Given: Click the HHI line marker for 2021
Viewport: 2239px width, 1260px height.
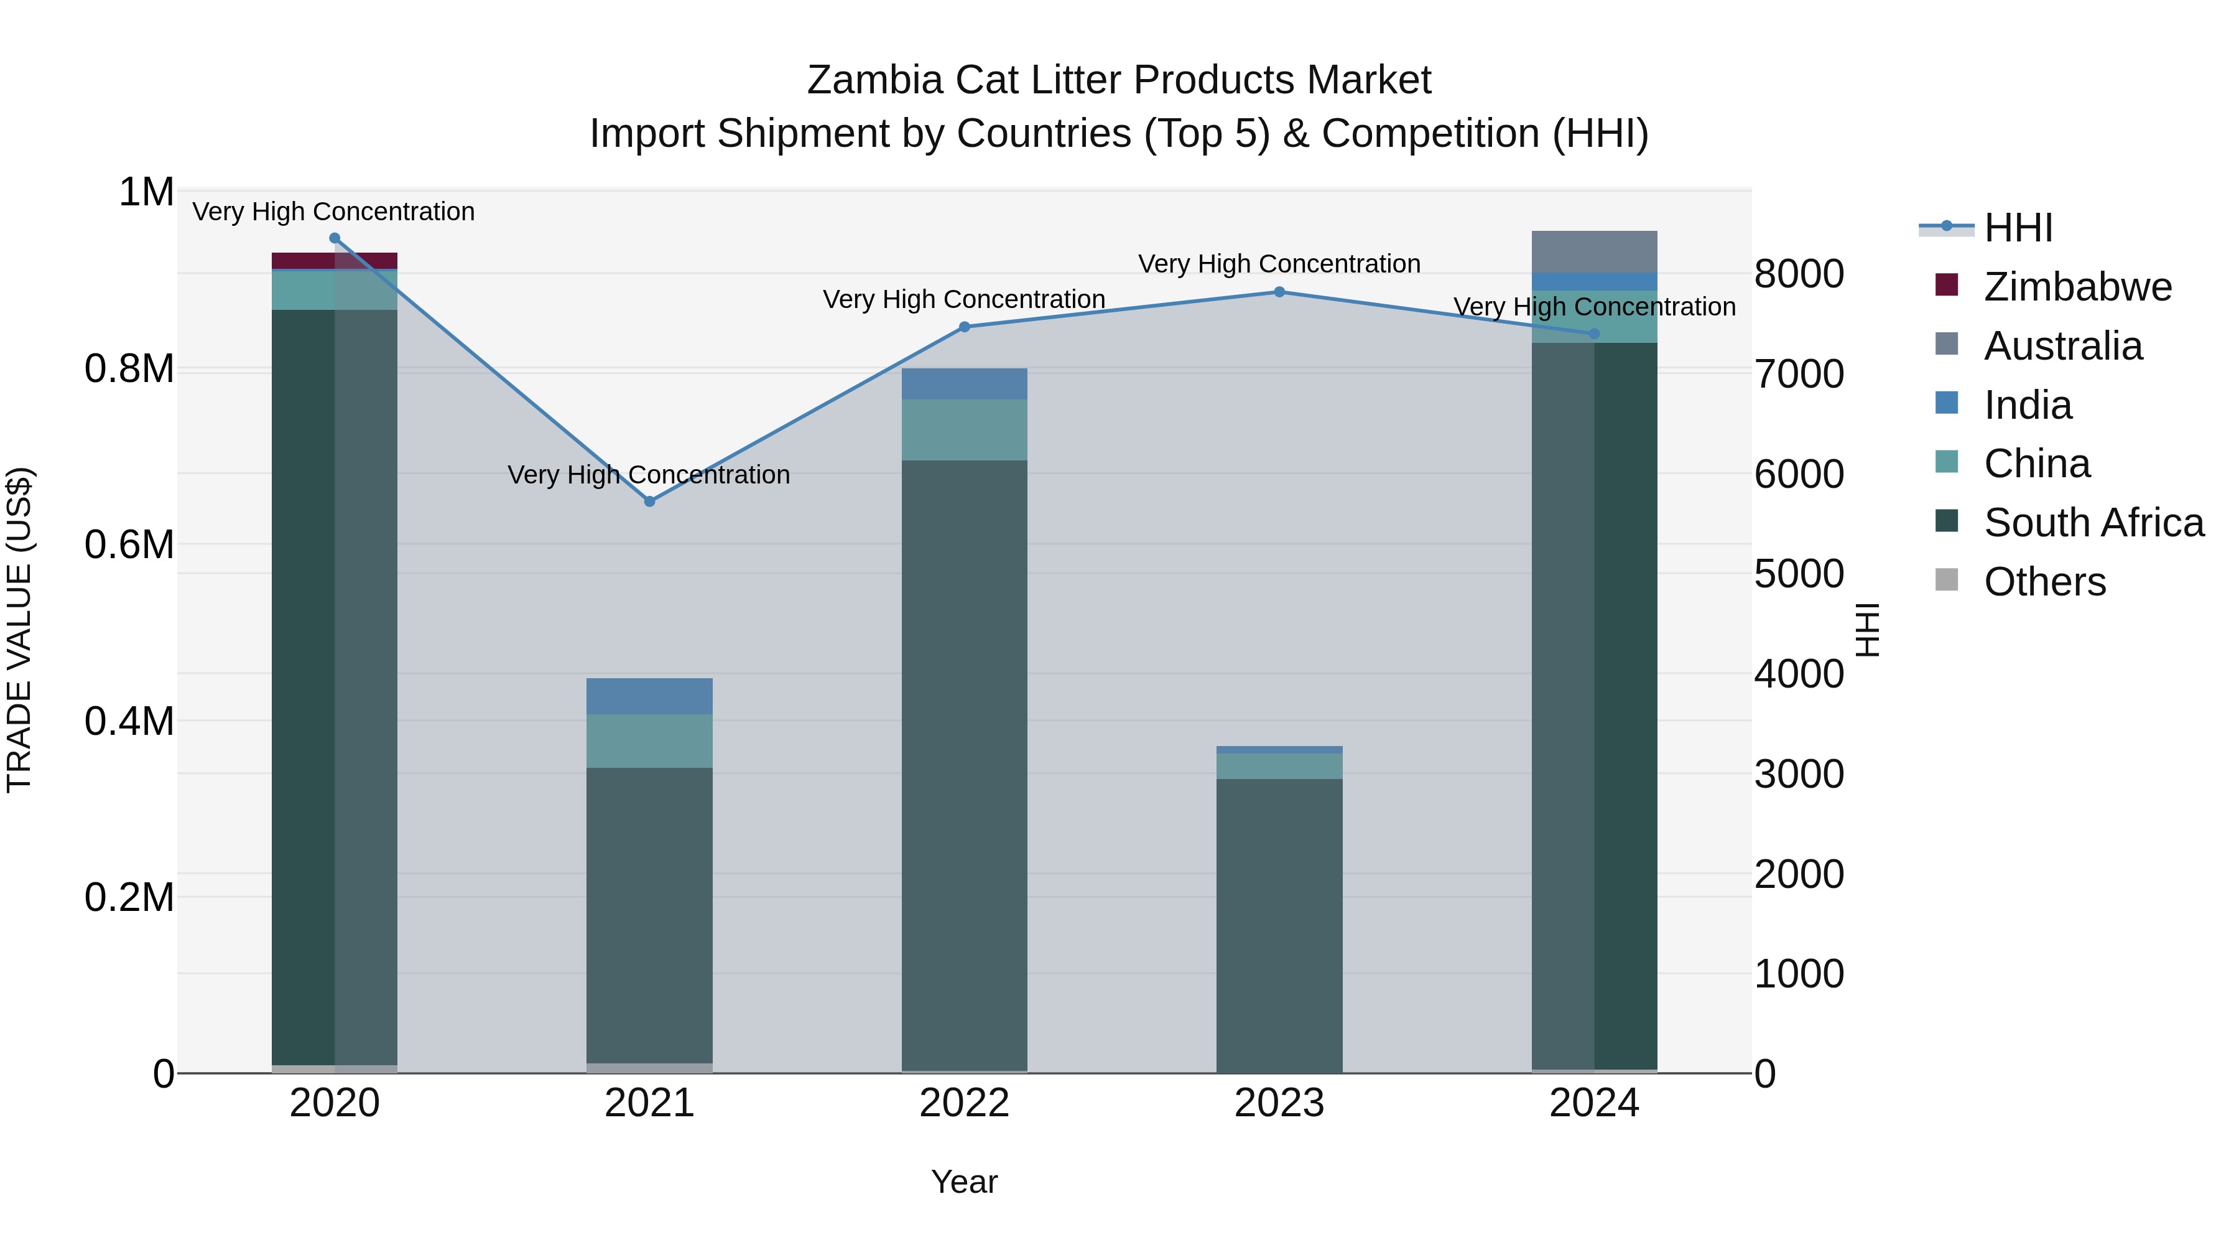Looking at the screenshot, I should coord(649,502).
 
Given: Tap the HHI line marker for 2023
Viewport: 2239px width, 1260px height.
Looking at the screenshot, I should coord(1279,292).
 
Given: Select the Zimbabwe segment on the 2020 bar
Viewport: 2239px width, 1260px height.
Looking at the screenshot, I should coord(335,261).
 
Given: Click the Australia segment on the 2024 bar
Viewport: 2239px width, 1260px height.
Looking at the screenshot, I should coord(1594,251).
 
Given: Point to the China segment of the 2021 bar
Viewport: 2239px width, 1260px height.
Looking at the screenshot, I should coord(649,741).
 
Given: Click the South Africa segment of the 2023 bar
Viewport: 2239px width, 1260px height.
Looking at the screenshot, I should coord(1279,925).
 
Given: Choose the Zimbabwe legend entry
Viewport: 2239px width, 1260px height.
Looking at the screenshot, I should coord(2077,287).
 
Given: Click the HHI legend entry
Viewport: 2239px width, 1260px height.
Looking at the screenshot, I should coord(2018,228).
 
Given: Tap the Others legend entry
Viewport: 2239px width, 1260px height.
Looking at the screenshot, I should coord(2044,582).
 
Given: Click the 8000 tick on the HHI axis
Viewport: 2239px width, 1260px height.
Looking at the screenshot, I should coord(1798,274).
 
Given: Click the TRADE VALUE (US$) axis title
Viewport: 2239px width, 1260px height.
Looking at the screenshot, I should coord(19,630).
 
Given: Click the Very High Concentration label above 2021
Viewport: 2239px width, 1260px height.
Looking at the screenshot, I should coord(649,475).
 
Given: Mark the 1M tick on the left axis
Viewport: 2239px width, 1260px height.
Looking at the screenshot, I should coord(146,192).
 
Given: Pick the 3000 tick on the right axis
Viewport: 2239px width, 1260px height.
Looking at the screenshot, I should coord(1798,774).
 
